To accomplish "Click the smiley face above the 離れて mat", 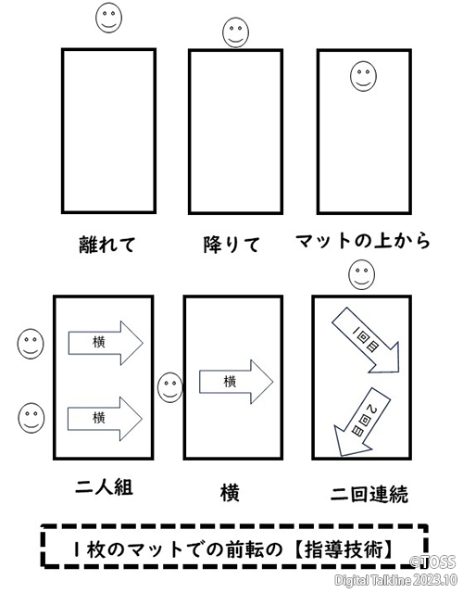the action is coord(109,18).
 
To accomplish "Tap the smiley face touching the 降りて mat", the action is coord(235,32).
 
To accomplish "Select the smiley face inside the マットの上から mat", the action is coord(363,76).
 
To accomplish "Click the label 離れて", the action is coord(107,245).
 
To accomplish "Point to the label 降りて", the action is coord(231,245).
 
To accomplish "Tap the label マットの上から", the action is coord(362,241).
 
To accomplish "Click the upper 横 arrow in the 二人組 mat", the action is coord(106,343).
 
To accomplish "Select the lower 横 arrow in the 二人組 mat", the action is coord(105,419).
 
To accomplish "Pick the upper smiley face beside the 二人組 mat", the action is coord(31,344).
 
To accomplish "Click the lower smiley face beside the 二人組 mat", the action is coord(31,418).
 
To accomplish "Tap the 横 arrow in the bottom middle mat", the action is coord(236,382).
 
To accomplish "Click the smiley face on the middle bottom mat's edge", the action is coord(170,387).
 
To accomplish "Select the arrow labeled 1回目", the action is coord(366,340).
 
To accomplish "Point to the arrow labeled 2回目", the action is coord(362,422).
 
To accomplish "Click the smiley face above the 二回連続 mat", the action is coord(362,274).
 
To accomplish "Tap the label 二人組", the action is coord(104,487).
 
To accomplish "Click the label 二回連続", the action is coord(369,494).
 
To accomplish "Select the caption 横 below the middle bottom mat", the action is coord(230,494).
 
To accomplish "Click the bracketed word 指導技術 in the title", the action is coord(344,549).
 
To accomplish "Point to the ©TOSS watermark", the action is coord(433,561).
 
